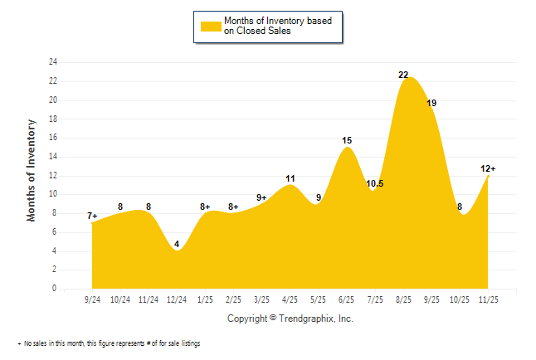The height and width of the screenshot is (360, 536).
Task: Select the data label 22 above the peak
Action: pyautogui.click(x=403, y=75)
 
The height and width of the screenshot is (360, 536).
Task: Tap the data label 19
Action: pyautogui.click(x=431, y=103)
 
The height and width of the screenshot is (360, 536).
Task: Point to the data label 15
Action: pyautogui.click(x=347, y=140)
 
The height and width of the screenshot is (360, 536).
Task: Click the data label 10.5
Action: pyautogui.click(x=374, y=184)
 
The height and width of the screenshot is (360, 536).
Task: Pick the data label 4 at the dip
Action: pyautogui.click(x=177, y=244)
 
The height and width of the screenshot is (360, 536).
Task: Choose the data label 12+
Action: pyautogui.click(x=488, y=169)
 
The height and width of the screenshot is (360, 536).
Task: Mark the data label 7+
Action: pyautogui.click(x=92, y=216)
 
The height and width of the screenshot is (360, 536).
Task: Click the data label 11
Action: pyautogui.click(x=290, y=178)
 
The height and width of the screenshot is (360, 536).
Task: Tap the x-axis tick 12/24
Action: pyautogui.click(x=177, y=298)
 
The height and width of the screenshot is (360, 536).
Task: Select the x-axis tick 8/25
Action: pyautogui.click(x=404, y=298)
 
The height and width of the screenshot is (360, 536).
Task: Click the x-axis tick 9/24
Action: pyautogui.click(x=92, y=298)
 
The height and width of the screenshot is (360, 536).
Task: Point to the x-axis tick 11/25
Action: pyautogui.click(x=489, y=298)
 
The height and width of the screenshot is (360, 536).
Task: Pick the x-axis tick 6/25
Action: pyautogui.click(x=347, y=298)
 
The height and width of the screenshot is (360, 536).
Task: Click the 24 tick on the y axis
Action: pyautogui.click(x=53, y=62)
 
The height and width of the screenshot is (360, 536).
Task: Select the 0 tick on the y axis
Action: pyautogui.click(x=55, y=289)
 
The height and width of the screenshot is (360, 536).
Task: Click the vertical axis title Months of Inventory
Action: pyautogui.click(x=32, y=170)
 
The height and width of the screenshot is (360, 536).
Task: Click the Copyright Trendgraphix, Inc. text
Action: pyautogui.click(x=290, y=319)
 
